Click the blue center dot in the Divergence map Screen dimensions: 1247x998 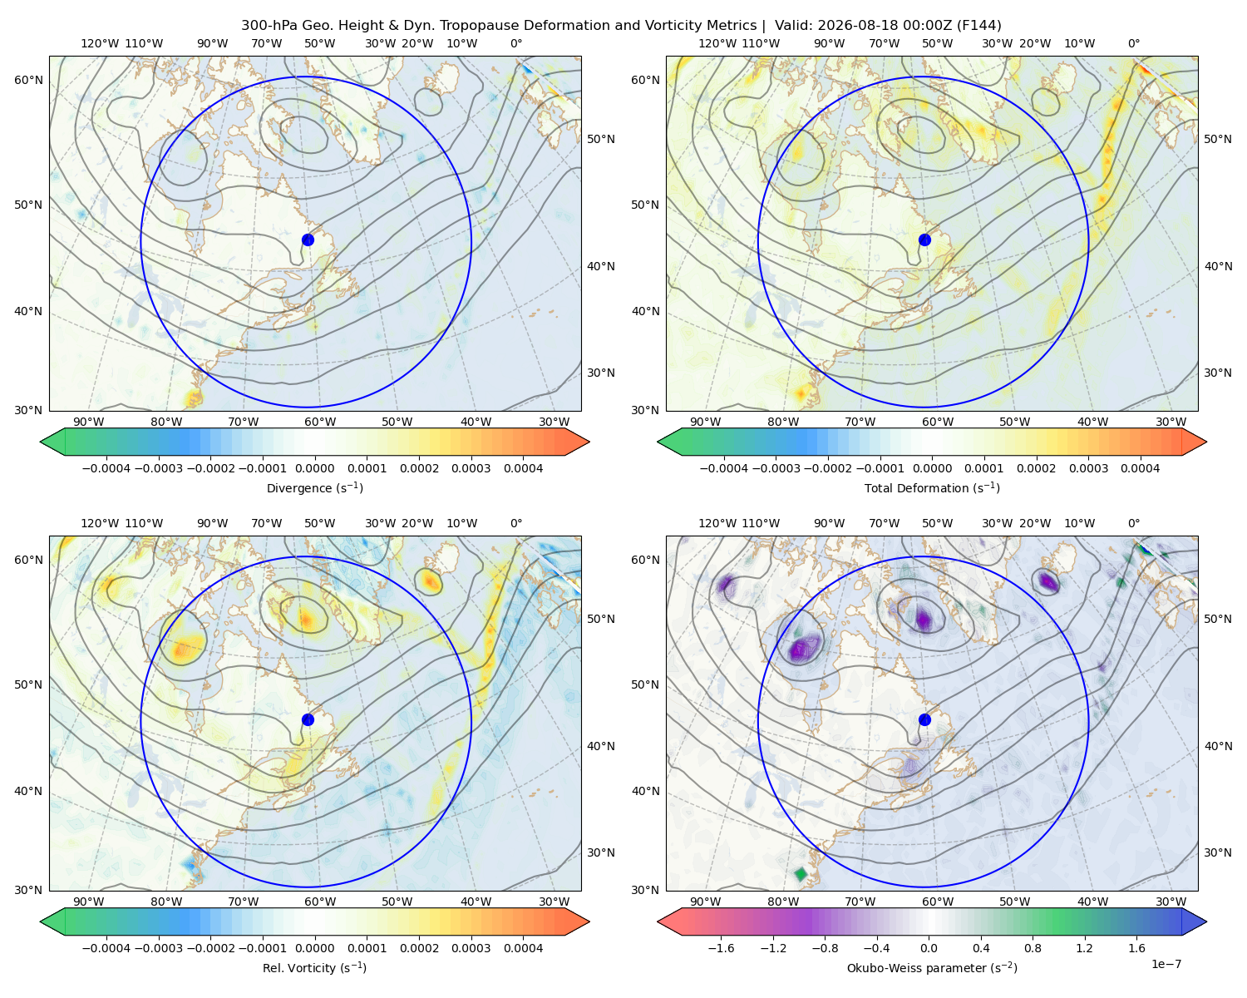(308, 240)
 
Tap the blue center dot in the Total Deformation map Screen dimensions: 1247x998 (924, 240)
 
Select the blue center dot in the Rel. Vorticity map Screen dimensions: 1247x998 (308, 719)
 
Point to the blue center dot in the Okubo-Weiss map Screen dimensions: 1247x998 (924, 719)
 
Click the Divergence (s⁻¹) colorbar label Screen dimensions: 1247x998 (314, 488)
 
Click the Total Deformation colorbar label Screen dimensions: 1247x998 (932, 488)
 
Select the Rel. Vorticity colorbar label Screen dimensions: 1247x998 (314, 968)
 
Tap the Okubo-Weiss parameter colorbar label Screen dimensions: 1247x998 (932, 968)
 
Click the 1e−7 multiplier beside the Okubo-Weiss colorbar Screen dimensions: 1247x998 (1166, 965)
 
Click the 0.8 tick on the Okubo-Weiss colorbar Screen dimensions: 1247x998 (1033, 948)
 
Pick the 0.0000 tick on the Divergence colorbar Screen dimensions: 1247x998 (314, 468)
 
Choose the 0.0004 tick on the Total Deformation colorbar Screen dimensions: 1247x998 (1141, 468)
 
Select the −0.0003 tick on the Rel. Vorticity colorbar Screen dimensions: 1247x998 (158, 948)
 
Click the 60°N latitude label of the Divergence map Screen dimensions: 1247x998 (28, 80)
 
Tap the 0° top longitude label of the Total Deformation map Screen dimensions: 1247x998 (1134, 43)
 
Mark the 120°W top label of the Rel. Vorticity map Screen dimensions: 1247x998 (100, 523)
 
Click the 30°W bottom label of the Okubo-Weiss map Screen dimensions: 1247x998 (1171, 902)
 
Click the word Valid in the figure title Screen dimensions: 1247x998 (791, 26)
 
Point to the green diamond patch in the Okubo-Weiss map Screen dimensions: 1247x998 (801, 873)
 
